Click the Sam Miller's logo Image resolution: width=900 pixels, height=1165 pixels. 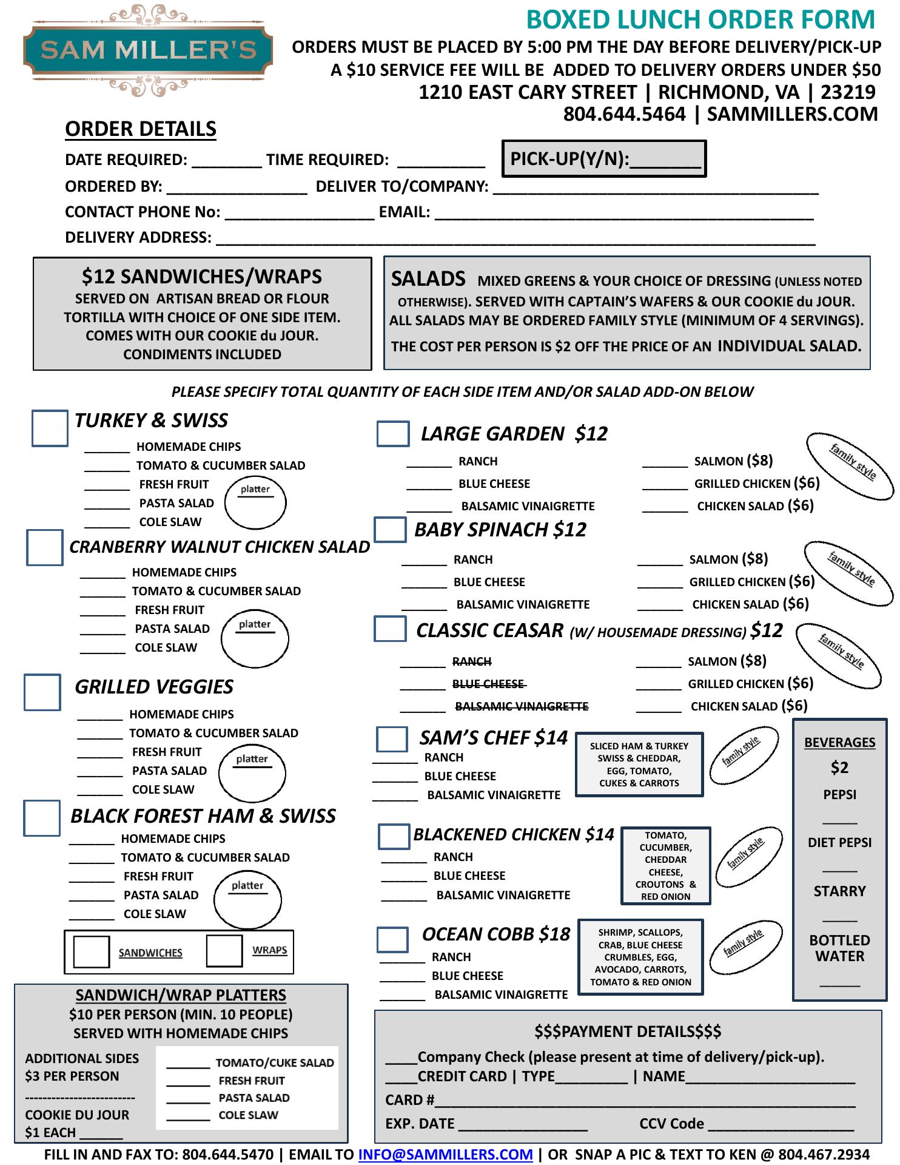coord(148,50)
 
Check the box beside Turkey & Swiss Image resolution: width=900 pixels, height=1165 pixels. coord(50,428)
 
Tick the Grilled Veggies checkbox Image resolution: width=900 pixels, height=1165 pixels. coord(42,692)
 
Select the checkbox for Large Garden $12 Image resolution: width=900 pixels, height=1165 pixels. coord(392,434)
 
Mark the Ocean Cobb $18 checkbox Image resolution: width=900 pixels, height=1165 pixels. coord(392,939)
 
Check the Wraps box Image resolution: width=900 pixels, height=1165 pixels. coord(224,951)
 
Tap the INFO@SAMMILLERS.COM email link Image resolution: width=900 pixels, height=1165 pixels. coord(445,1154)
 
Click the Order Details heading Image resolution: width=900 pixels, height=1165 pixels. coord(141,129)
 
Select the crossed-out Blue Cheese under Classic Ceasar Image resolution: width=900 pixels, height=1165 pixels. coord(488,684)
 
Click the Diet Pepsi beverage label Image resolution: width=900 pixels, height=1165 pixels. coord(839,842)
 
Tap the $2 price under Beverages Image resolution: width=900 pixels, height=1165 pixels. coord(839,768)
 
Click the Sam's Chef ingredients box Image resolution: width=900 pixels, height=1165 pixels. coord(639,764)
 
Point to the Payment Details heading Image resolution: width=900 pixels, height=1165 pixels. coord(628,1032)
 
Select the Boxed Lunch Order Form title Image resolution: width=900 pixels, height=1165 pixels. coord(700,19)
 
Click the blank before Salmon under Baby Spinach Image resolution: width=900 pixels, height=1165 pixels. coord(660,560)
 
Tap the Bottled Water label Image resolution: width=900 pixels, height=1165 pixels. coord(839,948)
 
